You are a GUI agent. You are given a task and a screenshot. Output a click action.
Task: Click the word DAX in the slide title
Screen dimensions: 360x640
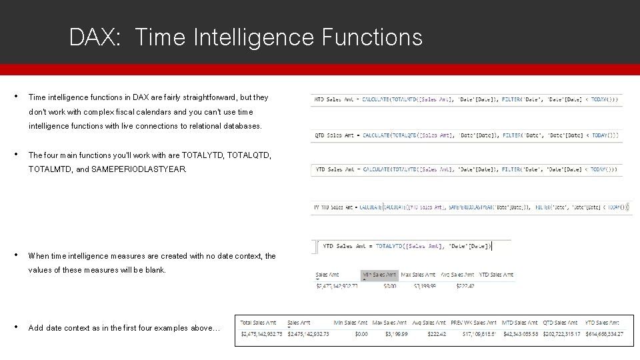(x=93, y=37)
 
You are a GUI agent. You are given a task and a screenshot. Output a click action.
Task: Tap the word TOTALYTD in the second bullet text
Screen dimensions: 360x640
(x=203, y=155)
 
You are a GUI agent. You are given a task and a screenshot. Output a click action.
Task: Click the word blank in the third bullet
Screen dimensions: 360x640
(x=153, y=270)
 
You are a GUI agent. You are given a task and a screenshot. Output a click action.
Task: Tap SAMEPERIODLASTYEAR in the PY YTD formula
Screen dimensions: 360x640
(x=471, y=207)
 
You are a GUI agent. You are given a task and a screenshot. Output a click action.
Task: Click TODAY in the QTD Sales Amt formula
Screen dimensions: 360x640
(x=600, y=135)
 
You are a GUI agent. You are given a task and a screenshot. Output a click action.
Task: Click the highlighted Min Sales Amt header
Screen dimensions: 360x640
(x=379, y=274)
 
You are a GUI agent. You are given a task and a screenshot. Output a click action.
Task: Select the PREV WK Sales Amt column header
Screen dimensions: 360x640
(x=473, y=323)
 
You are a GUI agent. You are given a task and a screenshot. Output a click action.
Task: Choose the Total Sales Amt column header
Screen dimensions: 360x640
(x=258, y=323)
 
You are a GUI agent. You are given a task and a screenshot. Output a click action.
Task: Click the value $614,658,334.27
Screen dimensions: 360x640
(x=603, y=333)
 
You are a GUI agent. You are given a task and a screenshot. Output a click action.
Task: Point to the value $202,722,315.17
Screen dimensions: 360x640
(x=561, y=333)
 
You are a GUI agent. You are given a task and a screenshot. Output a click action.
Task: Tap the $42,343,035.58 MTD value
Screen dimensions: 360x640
(x=521, y=333)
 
